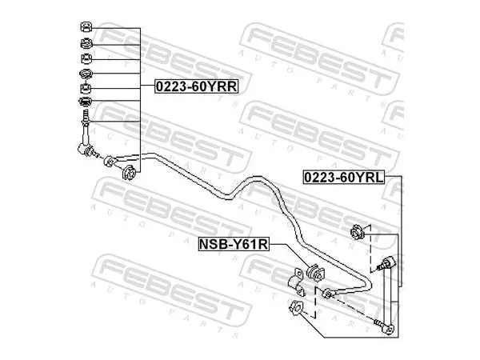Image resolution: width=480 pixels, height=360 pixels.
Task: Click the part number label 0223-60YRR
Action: pos(197,86)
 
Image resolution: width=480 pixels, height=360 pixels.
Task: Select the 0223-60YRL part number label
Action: pos(343,178)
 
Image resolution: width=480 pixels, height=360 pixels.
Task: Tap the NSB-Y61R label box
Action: pos(234,244)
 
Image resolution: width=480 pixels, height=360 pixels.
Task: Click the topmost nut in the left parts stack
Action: pos(86,27)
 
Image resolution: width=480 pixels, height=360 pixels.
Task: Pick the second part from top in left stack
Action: pos(86,43)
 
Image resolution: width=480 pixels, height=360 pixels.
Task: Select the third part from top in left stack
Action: pos(86,58)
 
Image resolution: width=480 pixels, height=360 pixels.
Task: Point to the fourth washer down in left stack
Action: pos(86,74)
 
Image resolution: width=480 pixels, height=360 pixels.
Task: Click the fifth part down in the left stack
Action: pos(86,89)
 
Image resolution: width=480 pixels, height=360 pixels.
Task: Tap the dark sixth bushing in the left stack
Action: pos(85,102)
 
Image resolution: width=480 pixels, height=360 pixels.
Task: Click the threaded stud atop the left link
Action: pos(86,117)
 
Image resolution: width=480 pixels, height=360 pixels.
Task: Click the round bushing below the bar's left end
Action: pos(129,173)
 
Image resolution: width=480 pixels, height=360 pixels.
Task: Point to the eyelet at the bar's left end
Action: pos(109,161)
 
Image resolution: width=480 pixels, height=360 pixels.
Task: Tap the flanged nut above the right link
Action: pos(356,231)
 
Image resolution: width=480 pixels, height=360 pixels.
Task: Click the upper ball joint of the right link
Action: pos(387,263)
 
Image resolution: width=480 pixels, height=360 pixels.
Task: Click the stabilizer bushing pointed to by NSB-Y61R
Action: pos(315,272)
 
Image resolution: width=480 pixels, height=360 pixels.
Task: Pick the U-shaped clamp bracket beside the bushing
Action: pos(296,282)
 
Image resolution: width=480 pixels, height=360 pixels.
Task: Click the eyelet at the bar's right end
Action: pos(327,294)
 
